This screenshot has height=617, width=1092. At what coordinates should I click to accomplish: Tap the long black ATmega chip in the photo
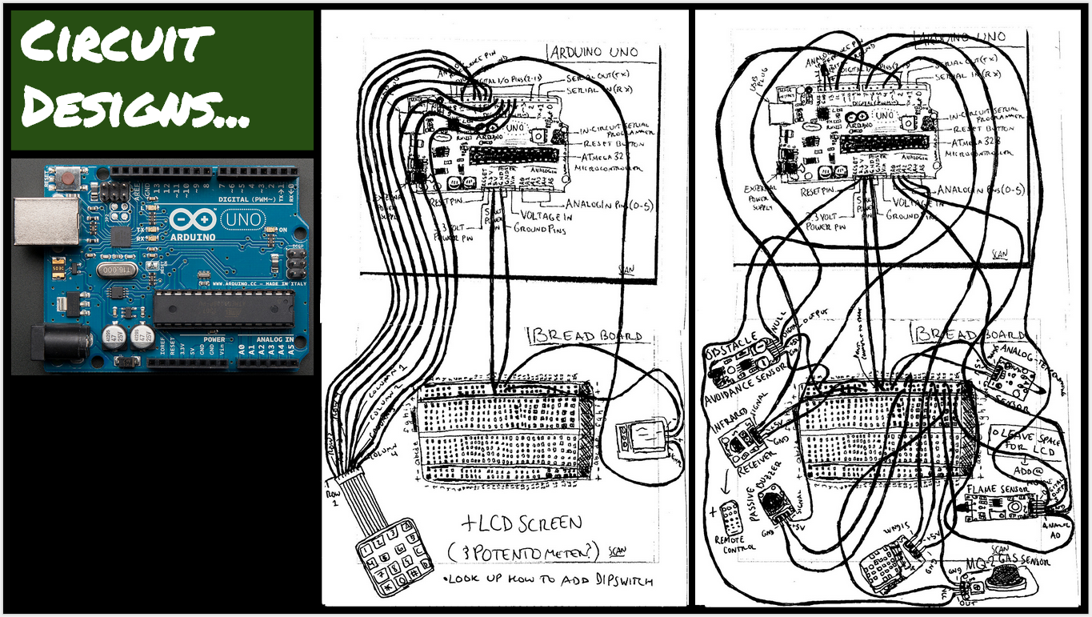(x=224, y=311)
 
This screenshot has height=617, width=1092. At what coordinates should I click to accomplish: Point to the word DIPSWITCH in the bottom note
(x=616, y=580)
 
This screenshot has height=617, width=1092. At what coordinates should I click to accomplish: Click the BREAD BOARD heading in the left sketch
(x=585, y=335)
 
